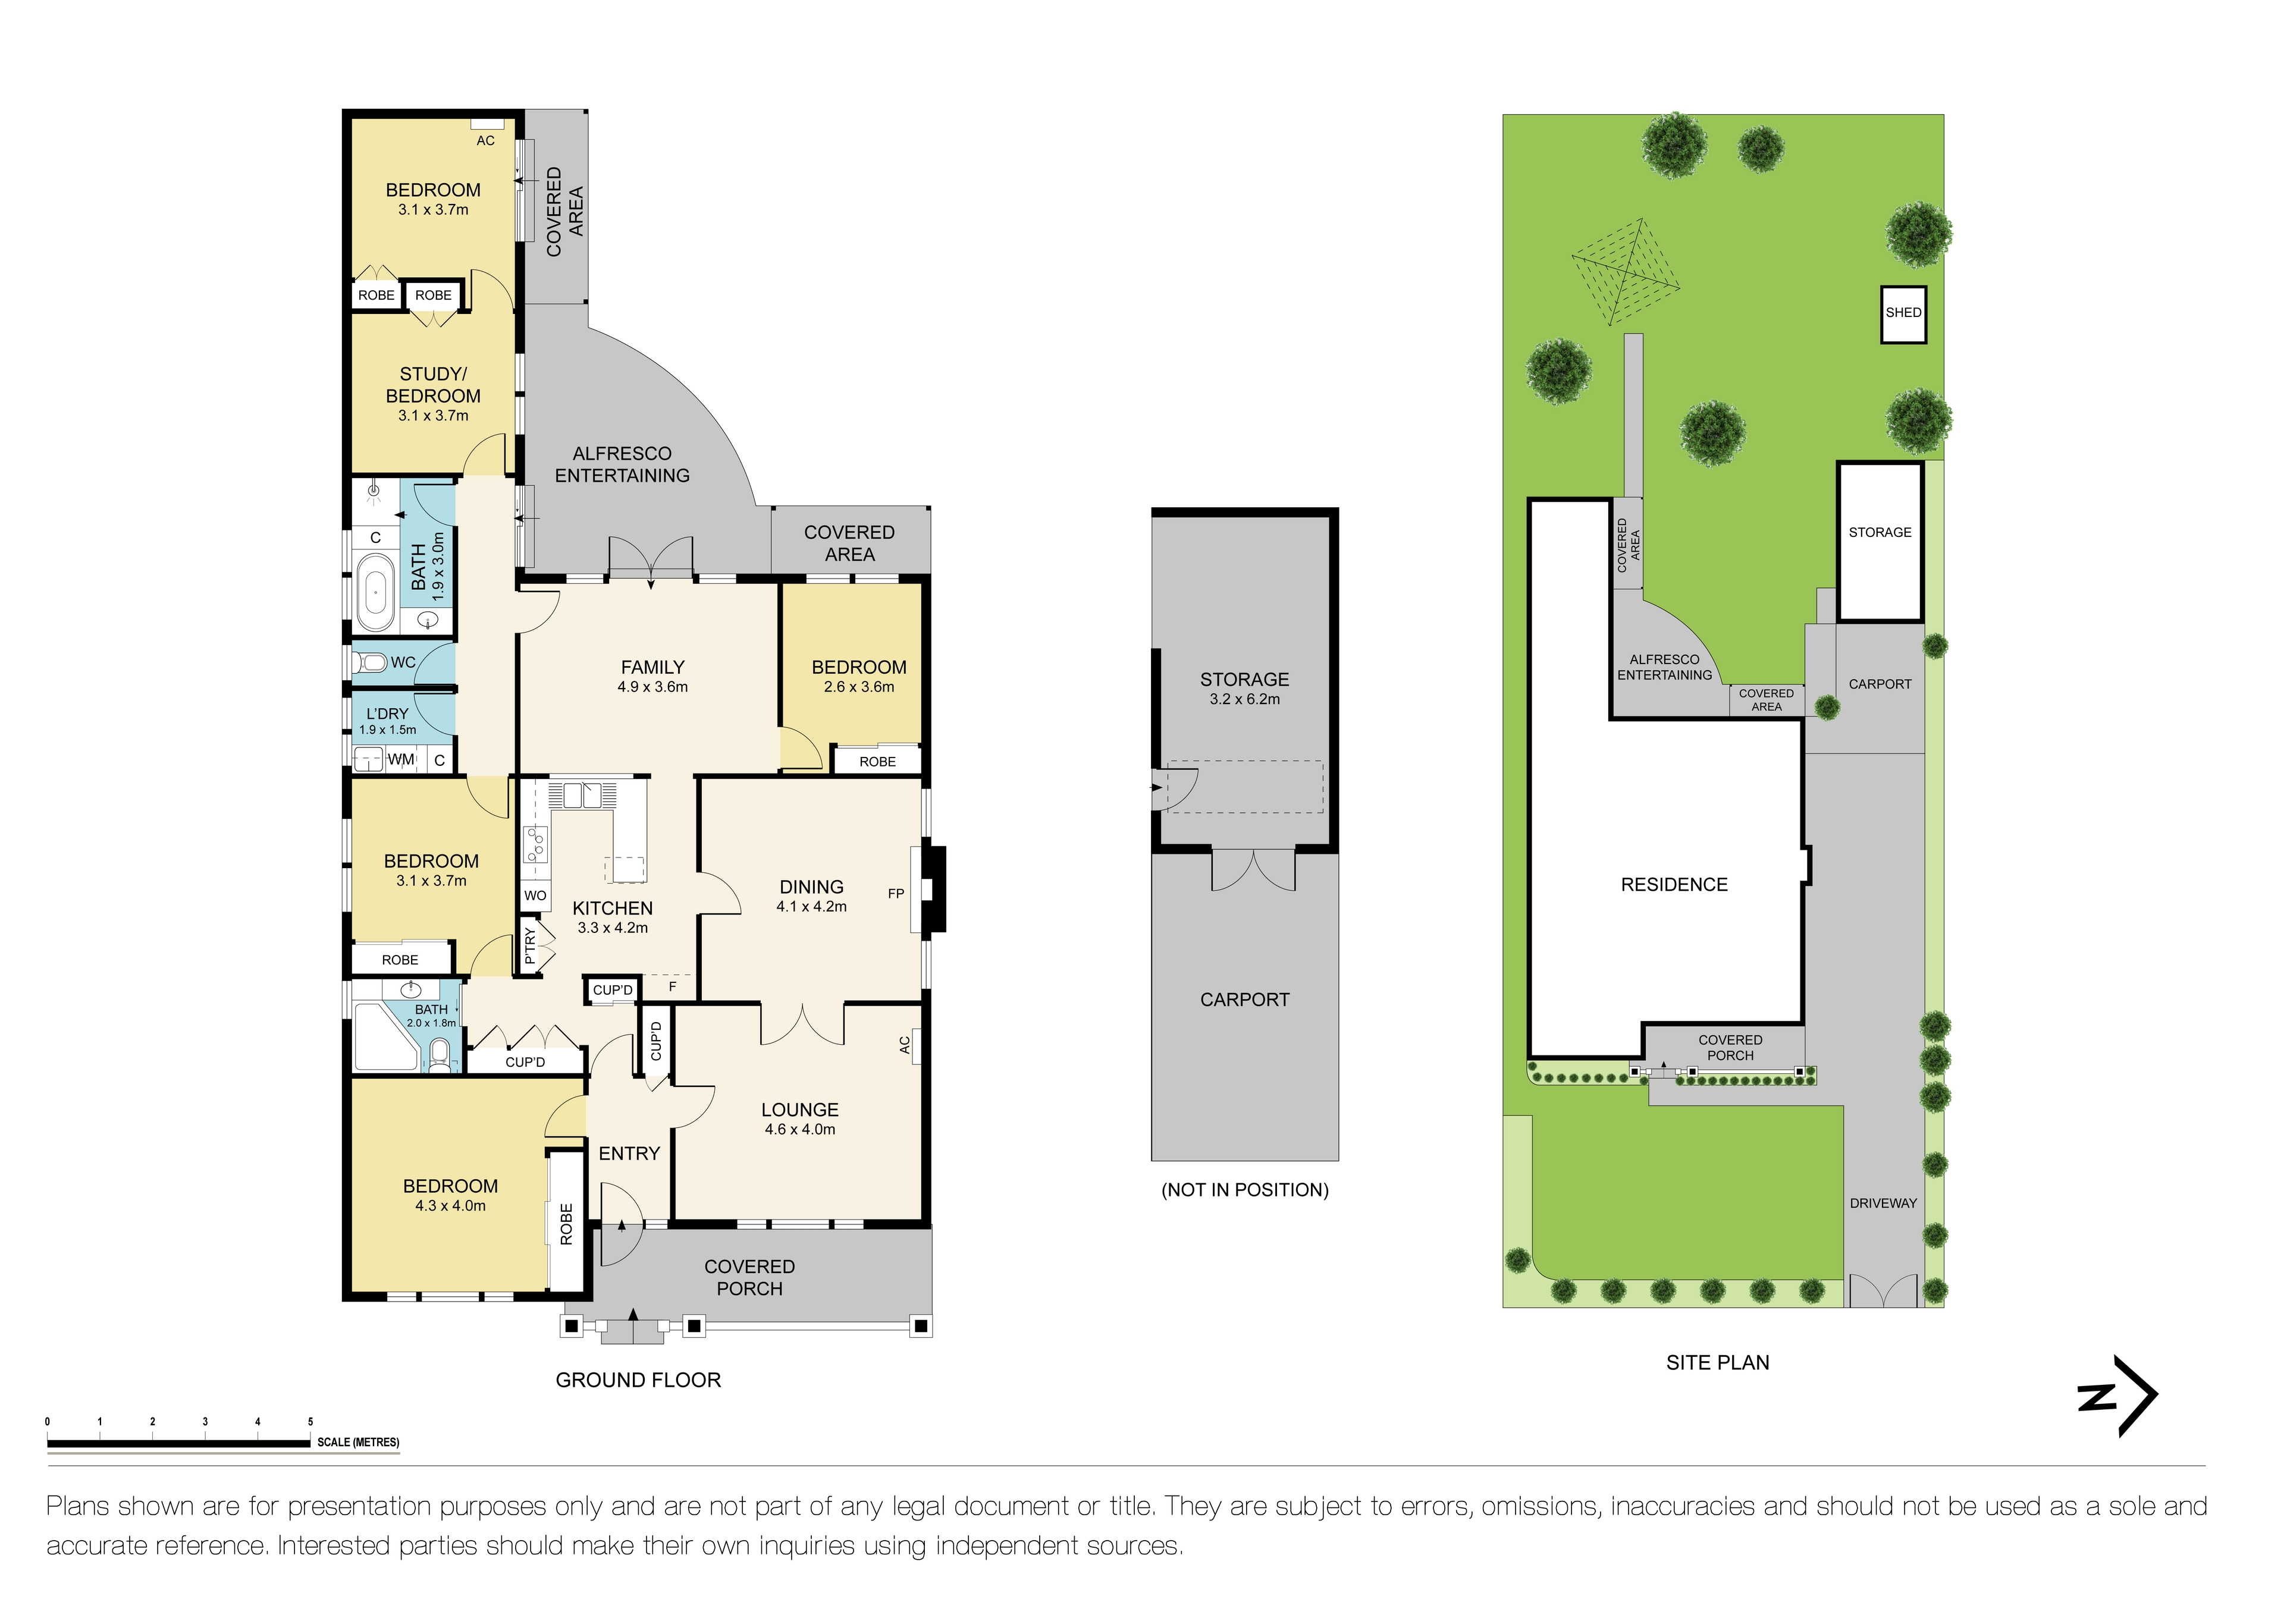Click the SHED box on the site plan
(x=1902, y=313)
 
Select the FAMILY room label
(x=652, y=667)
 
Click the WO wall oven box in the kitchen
(x=535, y=895)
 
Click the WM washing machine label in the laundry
(x=401, y=760)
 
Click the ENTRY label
(x=629, y=1154)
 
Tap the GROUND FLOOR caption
(x=638, y=1380)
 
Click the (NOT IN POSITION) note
(x=1244, y=1190)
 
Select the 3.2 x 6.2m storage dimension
(x=1244, y=699)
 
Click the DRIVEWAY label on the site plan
(x=1882, y=1204)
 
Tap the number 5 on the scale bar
(x=310, y=1422)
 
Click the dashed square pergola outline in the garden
(x=1624, y=271)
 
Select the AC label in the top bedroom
(x=485, y=141)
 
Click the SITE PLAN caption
(x=1717, y=1363)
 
